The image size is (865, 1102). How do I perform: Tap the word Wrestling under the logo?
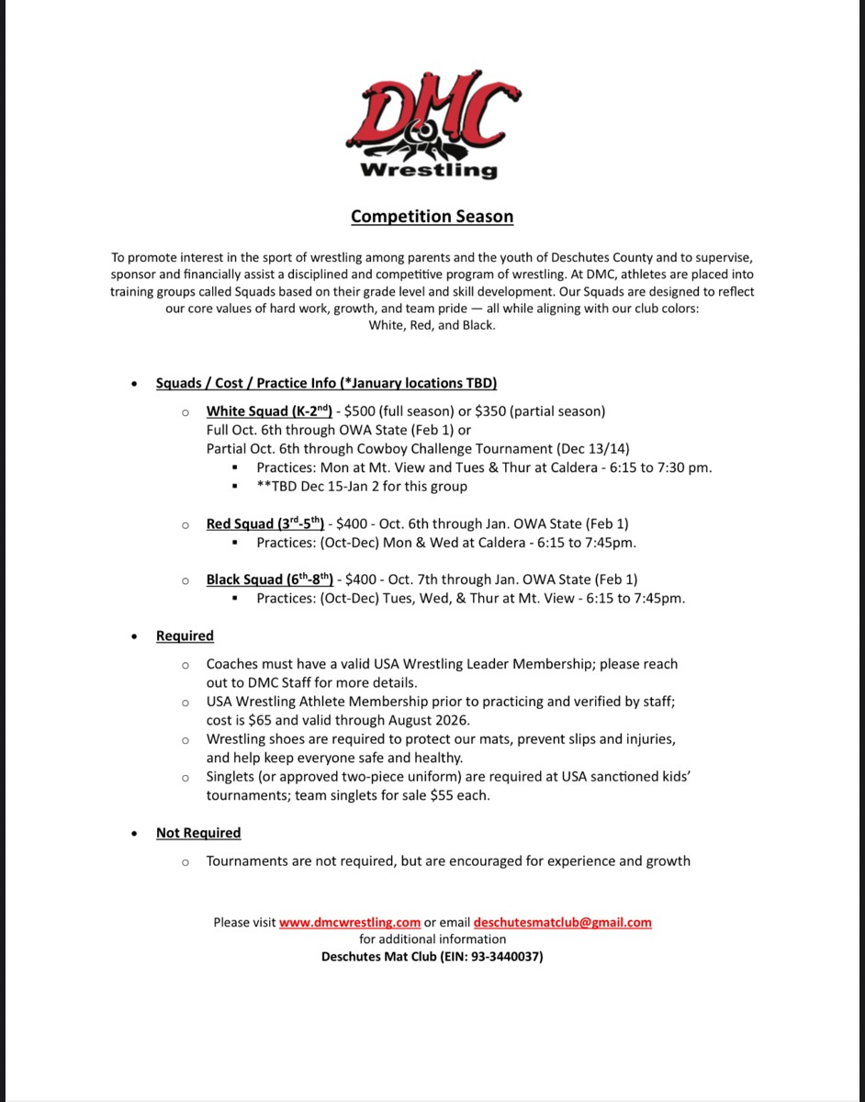[429, 170]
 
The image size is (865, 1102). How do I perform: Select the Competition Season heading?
[432, 217]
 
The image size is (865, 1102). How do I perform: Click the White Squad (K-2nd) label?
[269, 410]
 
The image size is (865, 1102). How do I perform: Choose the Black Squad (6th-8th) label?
[270, 579]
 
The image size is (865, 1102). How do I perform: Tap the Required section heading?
[185, 635]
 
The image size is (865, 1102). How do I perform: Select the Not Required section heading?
[198, 833]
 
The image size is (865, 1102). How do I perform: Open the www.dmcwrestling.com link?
[350, 922]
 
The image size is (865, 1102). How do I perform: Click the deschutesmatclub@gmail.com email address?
[563, 922]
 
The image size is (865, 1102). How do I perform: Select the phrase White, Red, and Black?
[432, 325]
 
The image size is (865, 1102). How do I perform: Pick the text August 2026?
[433, 720]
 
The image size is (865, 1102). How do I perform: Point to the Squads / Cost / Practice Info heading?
[326, 383]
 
